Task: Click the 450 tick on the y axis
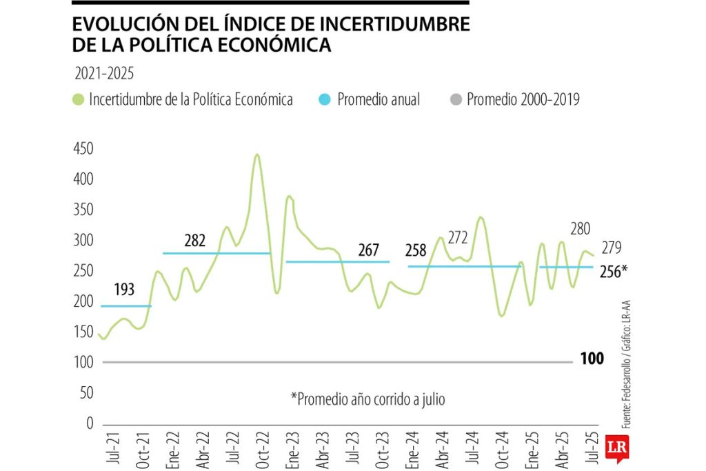(83, 148)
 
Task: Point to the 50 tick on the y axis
(85, 393)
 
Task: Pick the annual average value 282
(195, 241)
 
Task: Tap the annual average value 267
(369, 250)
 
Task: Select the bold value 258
(416, 250)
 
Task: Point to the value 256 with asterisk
(614, 271)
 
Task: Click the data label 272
(457, 238)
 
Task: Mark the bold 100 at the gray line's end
(592, 359)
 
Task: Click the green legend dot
(78, 100)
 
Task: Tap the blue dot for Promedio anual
(324, 100)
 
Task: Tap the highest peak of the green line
(257, 154)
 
